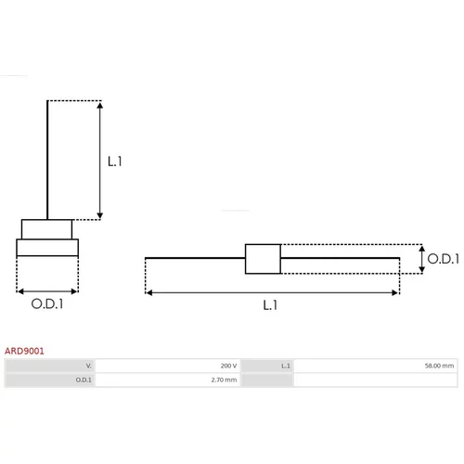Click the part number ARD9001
pos(24,351)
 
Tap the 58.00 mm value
pos(439,366)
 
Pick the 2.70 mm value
pos(224,380)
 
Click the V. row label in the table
pos(89,366)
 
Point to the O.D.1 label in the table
pos(84,380)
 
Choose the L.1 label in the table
pos(286,366)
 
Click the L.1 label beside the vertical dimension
pos(115,161)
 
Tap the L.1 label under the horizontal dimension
pos(270,305)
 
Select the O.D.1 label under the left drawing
pos(47,303)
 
